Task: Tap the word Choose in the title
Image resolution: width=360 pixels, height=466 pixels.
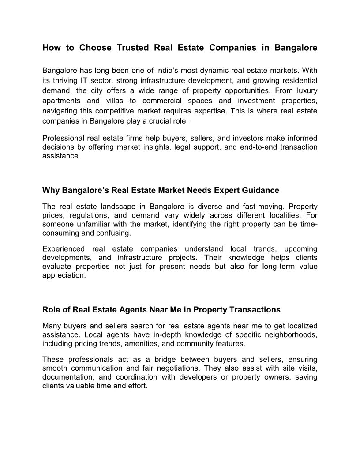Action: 94,48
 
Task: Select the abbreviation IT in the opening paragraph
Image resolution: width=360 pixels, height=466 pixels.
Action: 83,80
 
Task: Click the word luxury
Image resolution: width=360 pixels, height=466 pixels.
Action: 304,90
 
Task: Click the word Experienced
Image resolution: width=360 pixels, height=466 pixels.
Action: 63,249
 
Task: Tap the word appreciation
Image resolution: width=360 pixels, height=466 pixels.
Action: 64,275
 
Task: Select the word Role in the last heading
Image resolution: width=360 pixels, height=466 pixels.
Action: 51,310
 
